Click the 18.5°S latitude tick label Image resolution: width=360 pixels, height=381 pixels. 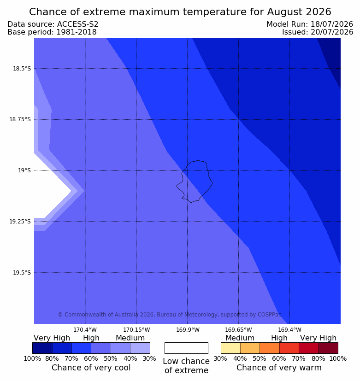coord(22,69)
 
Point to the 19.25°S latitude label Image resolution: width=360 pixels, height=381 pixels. coord(20,222)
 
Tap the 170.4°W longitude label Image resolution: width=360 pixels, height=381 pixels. coord(85,330)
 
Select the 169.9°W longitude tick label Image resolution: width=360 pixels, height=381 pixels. coord(188,330)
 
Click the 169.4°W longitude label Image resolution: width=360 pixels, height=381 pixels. coord(290,330)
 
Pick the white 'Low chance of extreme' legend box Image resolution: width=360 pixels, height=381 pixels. coord(186,348)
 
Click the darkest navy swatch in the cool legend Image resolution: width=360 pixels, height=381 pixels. coord(42,348)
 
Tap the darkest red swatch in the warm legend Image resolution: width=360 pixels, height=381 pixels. coord(328,348)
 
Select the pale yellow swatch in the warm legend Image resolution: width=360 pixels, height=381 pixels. coord(230,348)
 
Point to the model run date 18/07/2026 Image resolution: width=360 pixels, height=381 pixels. coord(331,24)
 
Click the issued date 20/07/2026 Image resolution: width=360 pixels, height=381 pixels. coord(331,32)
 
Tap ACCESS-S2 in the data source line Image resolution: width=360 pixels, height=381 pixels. coord(77,24)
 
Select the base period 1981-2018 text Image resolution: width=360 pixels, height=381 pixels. coord(77,32)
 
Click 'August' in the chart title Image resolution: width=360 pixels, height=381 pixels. coord(283,12)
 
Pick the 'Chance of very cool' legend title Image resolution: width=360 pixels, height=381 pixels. coord(91,368)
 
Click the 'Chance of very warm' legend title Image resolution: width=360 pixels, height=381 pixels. coord(279,368)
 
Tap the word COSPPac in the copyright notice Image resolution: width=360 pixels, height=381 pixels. coord(270,315)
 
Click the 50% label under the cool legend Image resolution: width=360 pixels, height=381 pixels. coord(111,358)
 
